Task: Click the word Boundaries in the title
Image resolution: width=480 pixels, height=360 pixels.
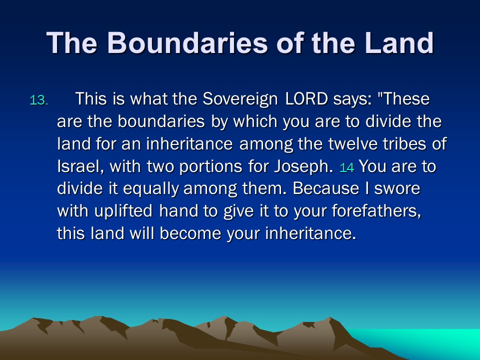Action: pyautogui.click(x=187, y=42)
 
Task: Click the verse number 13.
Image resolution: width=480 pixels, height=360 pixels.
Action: pyautogui.click(x=39, y=100)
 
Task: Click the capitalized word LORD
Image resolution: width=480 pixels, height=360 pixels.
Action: pyautogui.click(x=306, y=99)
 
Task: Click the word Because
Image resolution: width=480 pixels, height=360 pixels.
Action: pyautogui.click(x=325, y=188)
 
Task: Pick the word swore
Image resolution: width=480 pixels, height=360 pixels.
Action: pyautogui.click(x=397, y=189)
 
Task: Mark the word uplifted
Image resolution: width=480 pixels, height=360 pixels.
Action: pyautogui.click(x=123, y=211)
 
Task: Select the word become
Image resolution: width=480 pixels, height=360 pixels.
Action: pyautogui.click(x=190, y=234)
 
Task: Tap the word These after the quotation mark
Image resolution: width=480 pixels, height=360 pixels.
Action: pyautogui.click(x=406, y=99)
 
